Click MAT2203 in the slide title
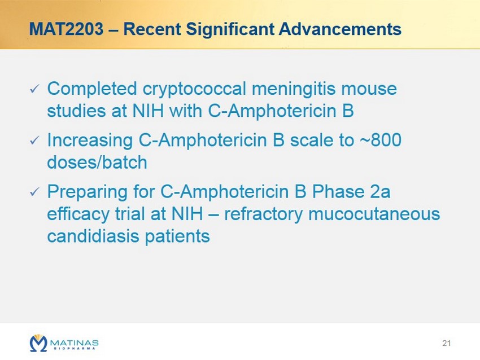pos(66,29)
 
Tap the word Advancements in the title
pos(340,29)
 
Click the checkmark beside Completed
pos(34,89)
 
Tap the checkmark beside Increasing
pos(34,141)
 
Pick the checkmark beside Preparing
pos(34,192)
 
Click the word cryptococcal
pos(194,90)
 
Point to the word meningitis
pos(294,90)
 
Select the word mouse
pos(369,90)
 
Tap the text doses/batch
pos(97,162)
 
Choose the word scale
pos(312,140)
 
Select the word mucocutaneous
pos(374,214)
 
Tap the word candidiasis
pos(93,236)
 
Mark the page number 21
pos(446,343)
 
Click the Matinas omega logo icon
pos(38,343)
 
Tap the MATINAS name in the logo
pos(74,343)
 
